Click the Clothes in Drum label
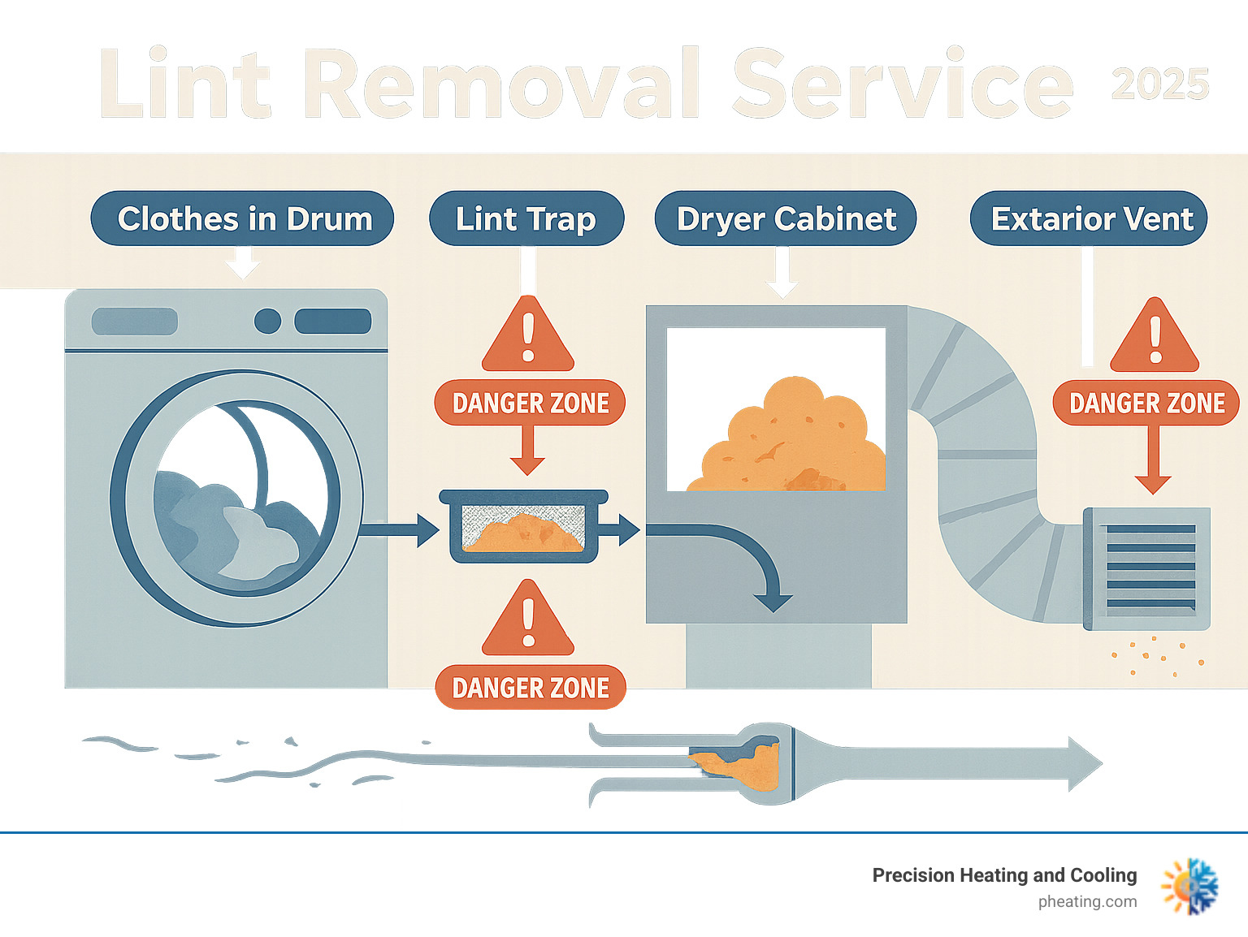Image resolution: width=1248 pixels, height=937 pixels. tap(242, 218)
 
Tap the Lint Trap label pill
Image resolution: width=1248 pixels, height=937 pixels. tap(526, 218)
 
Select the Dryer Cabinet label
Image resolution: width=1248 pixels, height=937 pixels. tap(785, 218)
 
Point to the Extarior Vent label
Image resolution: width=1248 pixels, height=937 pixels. tap(1089, 218)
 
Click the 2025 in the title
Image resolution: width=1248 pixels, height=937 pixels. tap(1159, 84)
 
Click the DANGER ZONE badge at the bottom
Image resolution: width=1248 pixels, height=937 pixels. tap(531, 688)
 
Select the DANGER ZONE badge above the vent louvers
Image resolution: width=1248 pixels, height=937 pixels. tap(1146, 403)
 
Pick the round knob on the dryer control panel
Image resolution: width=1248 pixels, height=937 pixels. tap(267, 321)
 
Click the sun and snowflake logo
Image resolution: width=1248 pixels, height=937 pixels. tap(1190, 886)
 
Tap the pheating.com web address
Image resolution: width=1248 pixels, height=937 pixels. tap(1087, 901)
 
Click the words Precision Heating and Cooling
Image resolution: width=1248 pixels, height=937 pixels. tap(1004, 875)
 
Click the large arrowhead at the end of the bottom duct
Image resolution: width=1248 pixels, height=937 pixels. tap(1082, 763)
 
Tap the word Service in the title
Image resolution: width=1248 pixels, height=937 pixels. tap(902, 84)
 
